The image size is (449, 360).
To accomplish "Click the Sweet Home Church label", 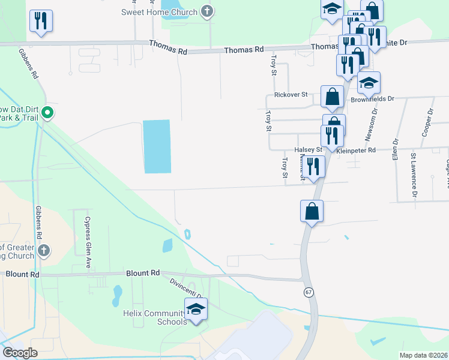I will (x=159, y=12).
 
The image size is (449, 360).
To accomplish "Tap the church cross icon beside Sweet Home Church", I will (x=207, y=11).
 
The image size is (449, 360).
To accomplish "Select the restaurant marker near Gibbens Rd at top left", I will (x=41, y=21).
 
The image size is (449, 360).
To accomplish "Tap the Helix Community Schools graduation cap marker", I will (x=196, y=308).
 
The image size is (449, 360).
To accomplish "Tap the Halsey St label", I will (x=308, y=149).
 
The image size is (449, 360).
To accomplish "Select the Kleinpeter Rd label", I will (x=356, y=150).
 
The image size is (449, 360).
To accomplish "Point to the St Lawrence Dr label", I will (x=414, y=176).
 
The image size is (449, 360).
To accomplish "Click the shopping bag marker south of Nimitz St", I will (x=312, y=211).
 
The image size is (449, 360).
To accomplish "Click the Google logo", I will (x=20, y=353).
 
